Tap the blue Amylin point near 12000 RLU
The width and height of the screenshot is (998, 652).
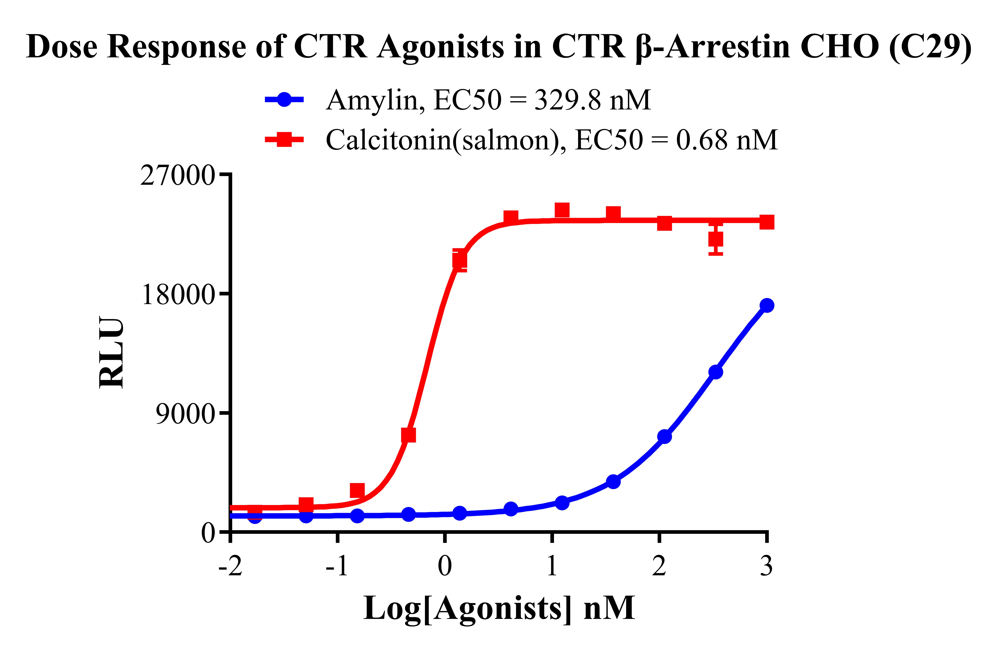(x=715, y=372)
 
